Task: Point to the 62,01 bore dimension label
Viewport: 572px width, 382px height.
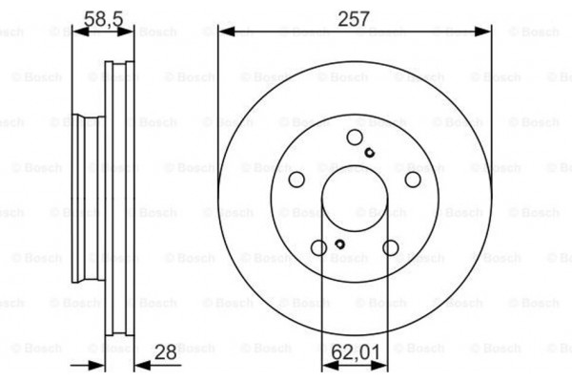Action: (x=358, y=353)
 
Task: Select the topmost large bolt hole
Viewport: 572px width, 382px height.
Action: (x=355, y=137)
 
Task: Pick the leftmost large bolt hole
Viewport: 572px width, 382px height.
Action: (x=296, y=180)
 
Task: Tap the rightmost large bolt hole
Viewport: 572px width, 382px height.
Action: (x=412, y=180)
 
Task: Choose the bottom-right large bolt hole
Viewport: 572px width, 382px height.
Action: (x=390, y=248)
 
